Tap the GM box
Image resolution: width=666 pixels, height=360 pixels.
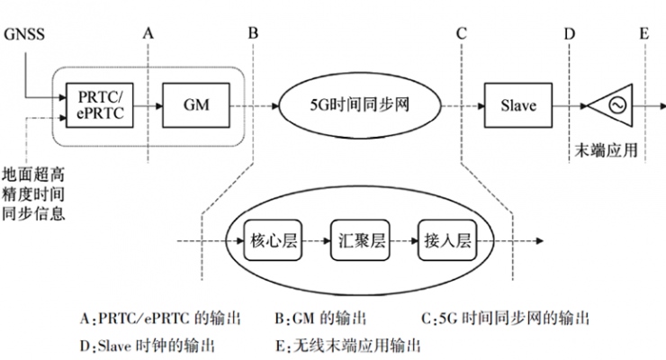point(196,106)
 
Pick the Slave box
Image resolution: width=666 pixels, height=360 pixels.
point(518,106)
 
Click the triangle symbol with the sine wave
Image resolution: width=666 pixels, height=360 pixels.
point(616,106)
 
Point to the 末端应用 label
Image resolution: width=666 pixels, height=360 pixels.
point(606,150)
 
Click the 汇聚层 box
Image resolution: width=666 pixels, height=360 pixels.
point(358,241)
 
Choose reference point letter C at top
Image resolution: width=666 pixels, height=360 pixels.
point(461,32)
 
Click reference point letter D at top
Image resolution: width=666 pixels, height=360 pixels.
point(569,32)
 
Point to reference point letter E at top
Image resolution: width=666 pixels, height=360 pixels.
point(643,32)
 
